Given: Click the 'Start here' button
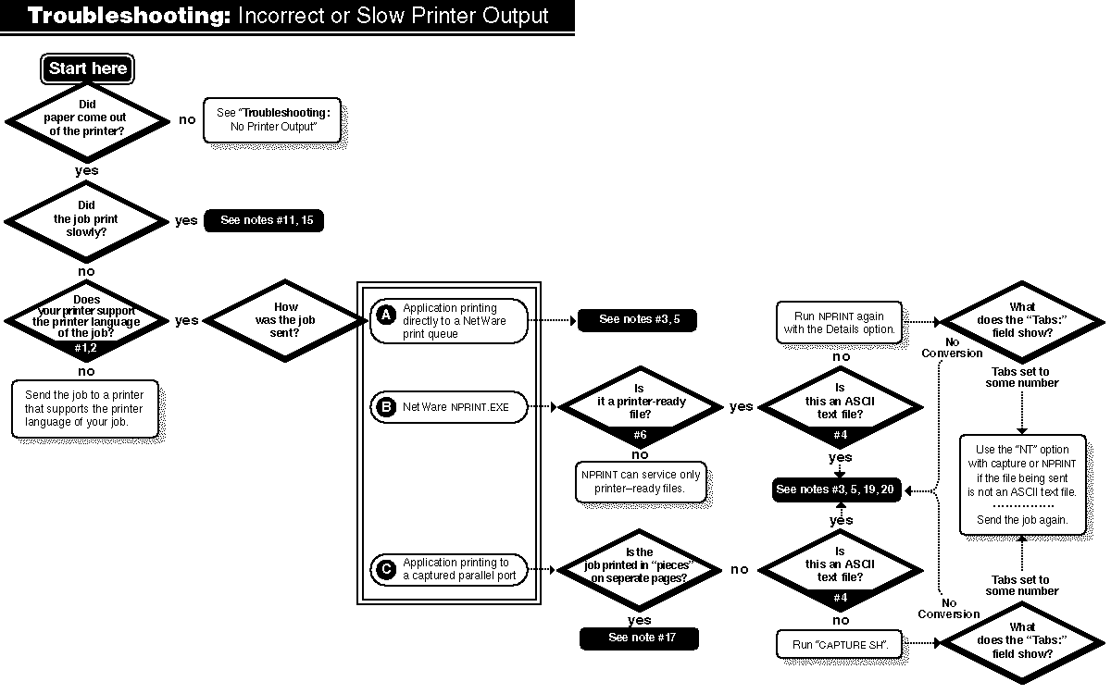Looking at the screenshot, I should coord(88,68).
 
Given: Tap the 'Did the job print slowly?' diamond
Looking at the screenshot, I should coord(86,219).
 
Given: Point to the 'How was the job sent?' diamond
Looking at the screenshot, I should coord(286,320).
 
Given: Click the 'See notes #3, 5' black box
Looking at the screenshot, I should coord(636,319).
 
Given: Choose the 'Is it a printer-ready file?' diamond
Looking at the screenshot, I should coord(640,406).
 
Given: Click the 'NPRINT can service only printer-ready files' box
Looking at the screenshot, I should coord(642,481).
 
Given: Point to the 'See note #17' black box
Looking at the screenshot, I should coord(639,638).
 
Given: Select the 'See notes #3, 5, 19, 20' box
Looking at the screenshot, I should coord(837,490).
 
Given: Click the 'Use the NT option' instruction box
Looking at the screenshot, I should coord(1022,484).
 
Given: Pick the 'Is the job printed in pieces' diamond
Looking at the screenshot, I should coord(639,569).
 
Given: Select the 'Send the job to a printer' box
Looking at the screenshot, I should coord(84,408).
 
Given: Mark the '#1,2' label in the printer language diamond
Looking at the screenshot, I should coord(85,348).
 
